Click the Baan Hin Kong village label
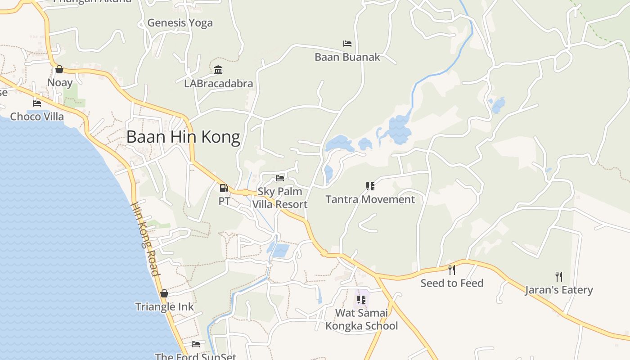click(183, 137)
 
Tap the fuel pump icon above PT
click(224, 188)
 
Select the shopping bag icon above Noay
click(59, 69)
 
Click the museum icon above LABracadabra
click(219, 70)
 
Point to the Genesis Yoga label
click(180, 23)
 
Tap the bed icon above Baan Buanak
click(347, 44)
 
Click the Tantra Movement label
click(370, 199)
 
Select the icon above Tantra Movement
click(370, 186)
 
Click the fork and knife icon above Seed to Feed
click(452, 270)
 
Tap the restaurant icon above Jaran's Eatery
click(559, 276)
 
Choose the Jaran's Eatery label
click(559, 290)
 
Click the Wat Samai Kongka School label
click(362, 319)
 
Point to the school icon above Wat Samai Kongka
click(361, 299)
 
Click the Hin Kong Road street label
click(145, 238)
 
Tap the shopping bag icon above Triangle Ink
click(164, 293)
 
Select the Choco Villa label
click(37, 117)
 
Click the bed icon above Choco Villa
click(37, 103)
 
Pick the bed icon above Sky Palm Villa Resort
click(280, 178)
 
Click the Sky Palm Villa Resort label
click(280, 198)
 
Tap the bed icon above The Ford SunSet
click(196, 344)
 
